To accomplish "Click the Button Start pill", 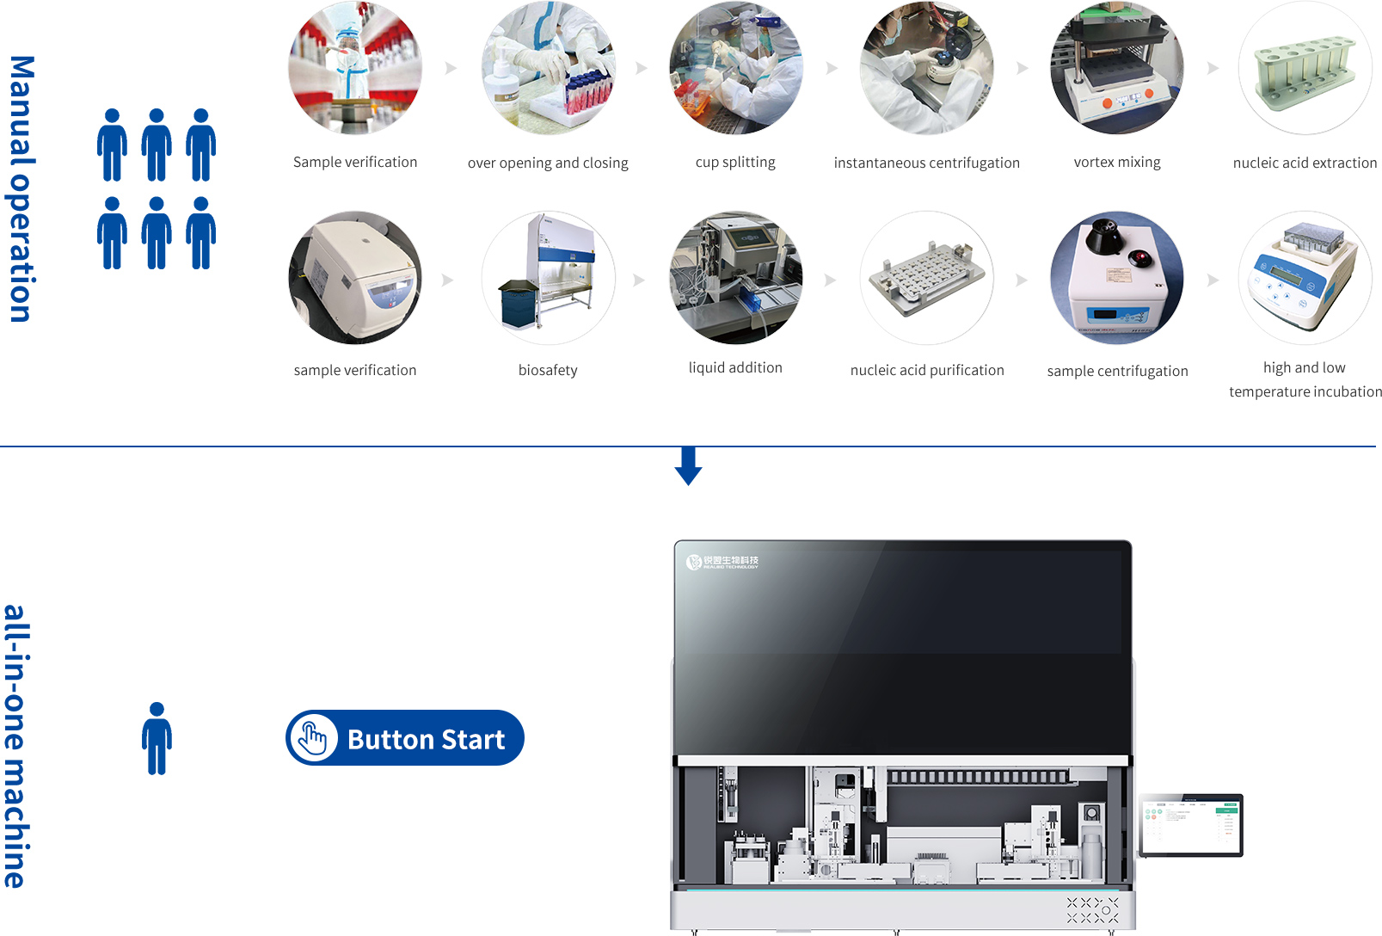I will coord(405,738).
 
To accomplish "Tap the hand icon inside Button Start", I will coord(313,738).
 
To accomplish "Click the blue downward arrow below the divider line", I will coord(688,466).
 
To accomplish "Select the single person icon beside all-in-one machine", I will coord(157,738).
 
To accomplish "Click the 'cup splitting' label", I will coord(735,163).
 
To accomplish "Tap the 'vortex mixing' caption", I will coord(1117,163).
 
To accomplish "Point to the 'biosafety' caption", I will coord(548,370).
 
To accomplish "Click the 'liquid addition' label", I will coord(735,368).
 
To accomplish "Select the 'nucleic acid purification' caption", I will coord(927,370).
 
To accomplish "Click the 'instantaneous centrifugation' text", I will coord(927,163).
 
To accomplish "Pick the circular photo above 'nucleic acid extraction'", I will coord(1305,69).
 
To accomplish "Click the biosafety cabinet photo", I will coord(548,278).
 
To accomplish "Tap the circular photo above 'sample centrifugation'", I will coord(1117,278).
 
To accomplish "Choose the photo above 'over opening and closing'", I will coord(548,69).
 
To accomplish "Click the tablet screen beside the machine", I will coord(1191,825).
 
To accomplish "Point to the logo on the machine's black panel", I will coord(722,562).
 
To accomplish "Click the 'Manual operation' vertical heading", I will coord(22,189).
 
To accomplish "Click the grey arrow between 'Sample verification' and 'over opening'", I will coord(451,68).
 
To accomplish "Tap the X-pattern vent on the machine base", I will coord(1092,910).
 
